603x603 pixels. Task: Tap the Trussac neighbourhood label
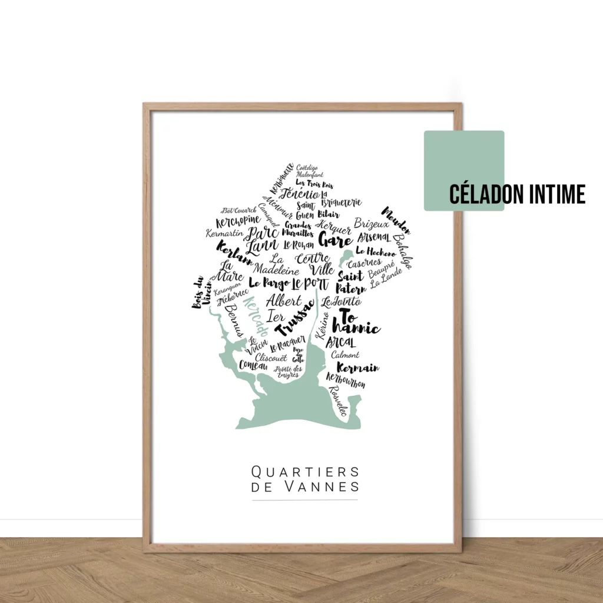coord(295,318)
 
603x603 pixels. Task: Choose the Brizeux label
coord(371,224)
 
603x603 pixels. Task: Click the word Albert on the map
coord(283,300)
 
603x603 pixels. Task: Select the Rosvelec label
coord(339,400)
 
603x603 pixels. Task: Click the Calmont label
coord(345,355)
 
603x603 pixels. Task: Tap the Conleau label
coord(253,366)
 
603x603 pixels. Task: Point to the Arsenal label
coord(373,238)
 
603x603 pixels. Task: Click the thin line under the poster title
coord(305,500)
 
